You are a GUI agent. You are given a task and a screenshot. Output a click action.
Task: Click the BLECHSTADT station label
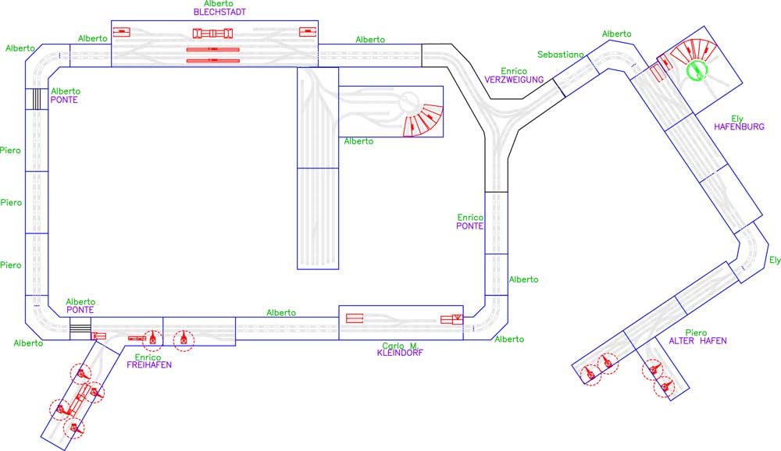219,12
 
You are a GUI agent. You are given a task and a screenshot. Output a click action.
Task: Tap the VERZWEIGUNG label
514,80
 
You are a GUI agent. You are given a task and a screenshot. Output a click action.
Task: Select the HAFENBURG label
739,127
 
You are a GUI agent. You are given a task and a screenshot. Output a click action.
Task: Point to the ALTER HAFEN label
697,341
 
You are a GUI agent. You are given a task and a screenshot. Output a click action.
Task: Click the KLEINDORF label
400,353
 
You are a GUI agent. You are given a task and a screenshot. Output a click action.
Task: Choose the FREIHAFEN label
149,365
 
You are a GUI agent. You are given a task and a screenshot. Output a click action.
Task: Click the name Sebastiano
560,55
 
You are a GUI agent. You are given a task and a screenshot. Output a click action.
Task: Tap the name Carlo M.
401,346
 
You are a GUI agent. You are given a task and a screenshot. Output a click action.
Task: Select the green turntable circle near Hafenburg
697,70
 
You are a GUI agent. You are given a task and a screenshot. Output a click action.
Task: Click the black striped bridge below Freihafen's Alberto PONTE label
80,329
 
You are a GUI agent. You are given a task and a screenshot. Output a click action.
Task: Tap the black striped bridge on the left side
37,99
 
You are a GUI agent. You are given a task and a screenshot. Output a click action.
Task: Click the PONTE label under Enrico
469,226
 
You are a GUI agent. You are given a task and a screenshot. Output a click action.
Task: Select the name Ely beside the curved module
775,261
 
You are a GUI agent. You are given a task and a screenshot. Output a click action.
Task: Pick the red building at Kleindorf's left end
355,318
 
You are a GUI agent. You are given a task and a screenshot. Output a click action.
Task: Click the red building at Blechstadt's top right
308,32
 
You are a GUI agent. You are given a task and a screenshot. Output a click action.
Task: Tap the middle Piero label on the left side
11,203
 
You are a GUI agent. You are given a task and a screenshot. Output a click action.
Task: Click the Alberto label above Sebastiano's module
617,34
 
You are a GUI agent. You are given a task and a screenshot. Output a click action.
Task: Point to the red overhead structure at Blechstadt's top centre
212,34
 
